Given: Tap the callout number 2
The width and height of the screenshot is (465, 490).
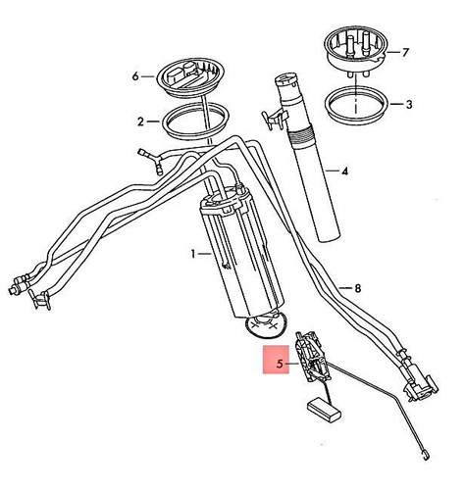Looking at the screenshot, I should click(141, 122).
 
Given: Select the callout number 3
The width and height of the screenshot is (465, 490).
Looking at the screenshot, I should click(410, 102).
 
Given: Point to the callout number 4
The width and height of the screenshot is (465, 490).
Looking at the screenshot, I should click(343, 171).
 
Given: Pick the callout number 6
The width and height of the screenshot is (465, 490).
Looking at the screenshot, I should click(136, 74).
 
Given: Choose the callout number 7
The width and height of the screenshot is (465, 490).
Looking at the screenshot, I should click(410, 50).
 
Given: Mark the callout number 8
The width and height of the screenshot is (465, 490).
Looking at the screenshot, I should click(357, 287).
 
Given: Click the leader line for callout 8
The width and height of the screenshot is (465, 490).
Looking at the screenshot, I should click(343, 287).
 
